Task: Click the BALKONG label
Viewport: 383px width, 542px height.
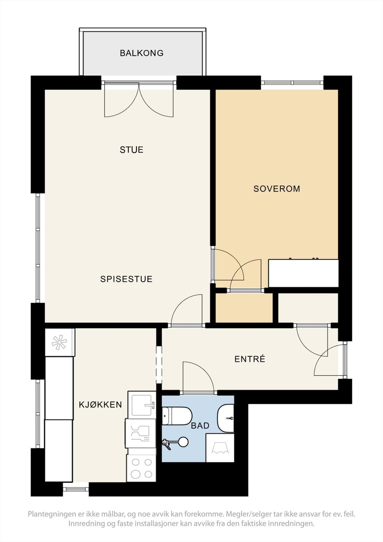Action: (142, 53)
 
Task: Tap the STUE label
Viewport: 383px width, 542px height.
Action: (132, 150)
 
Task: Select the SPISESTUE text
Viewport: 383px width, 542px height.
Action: (126, 279)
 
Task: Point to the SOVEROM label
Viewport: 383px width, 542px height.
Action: (277, 189)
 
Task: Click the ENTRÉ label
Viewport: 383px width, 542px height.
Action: (250, 359)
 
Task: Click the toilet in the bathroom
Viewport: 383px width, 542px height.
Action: (177, 416)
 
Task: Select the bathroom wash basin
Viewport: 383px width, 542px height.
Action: (226, 418)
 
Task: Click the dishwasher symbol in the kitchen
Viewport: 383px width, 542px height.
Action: (141, 433)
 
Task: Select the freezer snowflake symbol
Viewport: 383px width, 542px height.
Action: (59, 342)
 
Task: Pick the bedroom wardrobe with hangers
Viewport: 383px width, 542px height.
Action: (303, 273)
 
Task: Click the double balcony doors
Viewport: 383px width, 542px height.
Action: (139, 99)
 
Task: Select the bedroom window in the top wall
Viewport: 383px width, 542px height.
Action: (292, 83)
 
